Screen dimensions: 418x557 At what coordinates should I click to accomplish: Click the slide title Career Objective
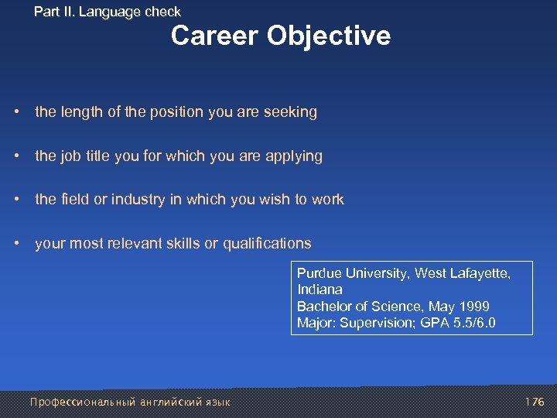coord(280,36)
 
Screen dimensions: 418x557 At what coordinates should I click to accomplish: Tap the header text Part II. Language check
coord(108,12)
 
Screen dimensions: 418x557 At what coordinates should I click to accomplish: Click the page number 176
coord(534,402)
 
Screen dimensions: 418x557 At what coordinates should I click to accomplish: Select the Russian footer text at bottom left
coord(129,402)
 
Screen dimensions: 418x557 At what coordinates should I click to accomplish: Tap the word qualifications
coord(267,244)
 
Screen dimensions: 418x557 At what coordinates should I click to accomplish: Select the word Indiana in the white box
coord(320,289)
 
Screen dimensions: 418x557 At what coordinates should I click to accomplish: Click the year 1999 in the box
coord(473,306)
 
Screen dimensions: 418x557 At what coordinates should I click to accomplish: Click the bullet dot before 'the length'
coord(17,112)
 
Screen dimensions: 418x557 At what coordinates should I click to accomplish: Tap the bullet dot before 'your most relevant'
coord(17,244)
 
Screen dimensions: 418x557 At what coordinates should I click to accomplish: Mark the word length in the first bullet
coord(80,112)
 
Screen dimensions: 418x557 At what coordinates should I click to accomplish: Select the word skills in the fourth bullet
coord(181,244)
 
